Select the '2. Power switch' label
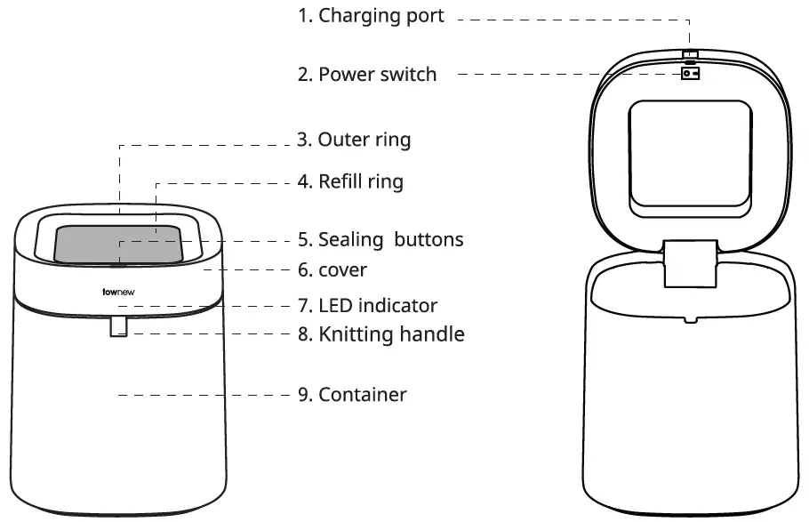[x=367, y=74]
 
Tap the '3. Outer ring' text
[x=354, y=140]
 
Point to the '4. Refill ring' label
[x=350, y=182]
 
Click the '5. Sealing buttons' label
[x=380, y=240]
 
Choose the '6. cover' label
[x=332, y=269]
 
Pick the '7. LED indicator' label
[x=367, y=306]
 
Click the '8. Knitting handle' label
[x=380, y=334]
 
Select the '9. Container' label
[x=352, y=394]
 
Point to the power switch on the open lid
[x=690, y=74]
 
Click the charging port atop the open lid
[x=690, y=55]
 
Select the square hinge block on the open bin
[x=690, y=264]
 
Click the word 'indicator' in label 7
[x=399, y=306]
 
